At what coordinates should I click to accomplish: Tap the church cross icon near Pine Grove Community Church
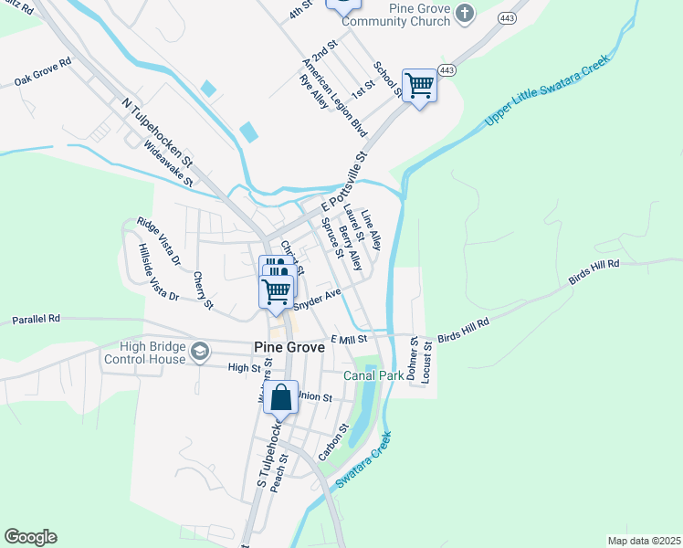[466, 13]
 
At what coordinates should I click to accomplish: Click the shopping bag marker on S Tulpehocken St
[280, 397]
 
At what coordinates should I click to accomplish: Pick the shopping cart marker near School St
[419, 86]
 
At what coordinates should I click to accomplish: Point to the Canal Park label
[373, 375]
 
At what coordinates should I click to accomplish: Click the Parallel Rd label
[36, 320]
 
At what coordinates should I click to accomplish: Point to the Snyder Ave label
[317, 296]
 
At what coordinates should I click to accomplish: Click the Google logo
[30, 537]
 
